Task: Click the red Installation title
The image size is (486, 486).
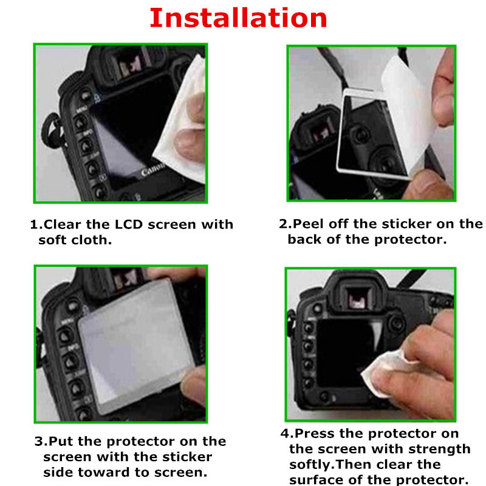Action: click(238, 18)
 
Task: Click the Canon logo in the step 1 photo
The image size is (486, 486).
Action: click(152, 169)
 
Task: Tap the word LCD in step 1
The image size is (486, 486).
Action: click(129, 224)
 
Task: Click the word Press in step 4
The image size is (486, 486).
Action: click(314, 433)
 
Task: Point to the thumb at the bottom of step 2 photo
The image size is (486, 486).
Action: click(427, 185)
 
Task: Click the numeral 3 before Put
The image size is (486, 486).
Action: click(39, 442)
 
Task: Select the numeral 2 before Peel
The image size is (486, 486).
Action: click(283, 224)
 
